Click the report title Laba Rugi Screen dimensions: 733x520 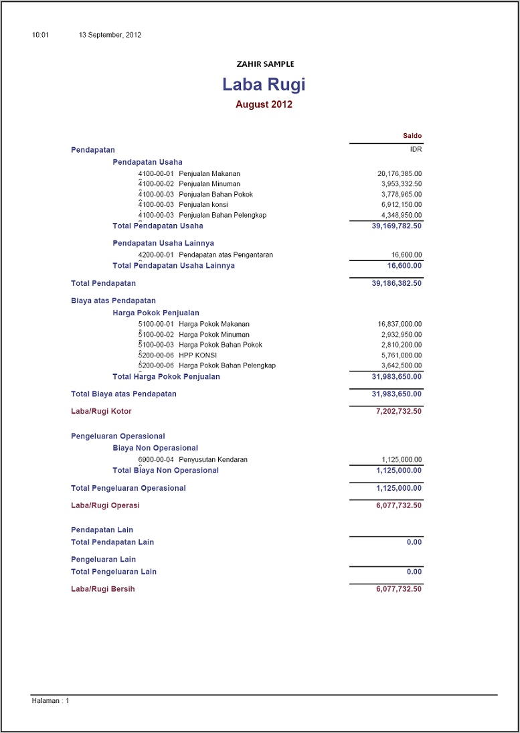coord(264,85)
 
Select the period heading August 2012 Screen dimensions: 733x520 coord(264,104)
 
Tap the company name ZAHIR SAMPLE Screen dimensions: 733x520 coord(265,64)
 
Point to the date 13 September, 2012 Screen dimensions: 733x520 coord(110,35)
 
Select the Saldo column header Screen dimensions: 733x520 coord(412,136)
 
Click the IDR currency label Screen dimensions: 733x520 coord(416,150)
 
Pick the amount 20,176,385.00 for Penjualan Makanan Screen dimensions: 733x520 coord(400,174)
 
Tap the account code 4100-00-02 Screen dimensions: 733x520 coord(156,184)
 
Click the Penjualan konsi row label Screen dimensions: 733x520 coord(203,205)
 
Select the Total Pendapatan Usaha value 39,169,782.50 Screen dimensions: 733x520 coord(397,226)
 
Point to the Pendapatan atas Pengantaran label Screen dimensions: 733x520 coord(226,255)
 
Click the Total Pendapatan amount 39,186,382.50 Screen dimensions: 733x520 coord(397,284)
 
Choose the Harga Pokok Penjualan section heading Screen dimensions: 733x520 coord(156,313)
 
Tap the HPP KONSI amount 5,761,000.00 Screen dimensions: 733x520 coord(402,355)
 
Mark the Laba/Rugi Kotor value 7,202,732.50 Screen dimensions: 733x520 coord(399,412)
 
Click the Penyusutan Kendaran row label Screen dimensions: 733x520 coord(213,460)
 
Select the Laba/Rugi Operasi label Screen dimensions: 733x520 coord(105,506)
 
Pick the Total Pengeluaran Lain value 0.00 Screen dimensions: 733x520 coord(414,572)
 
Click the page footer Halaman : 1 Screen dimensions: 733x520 coord(51,701)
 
